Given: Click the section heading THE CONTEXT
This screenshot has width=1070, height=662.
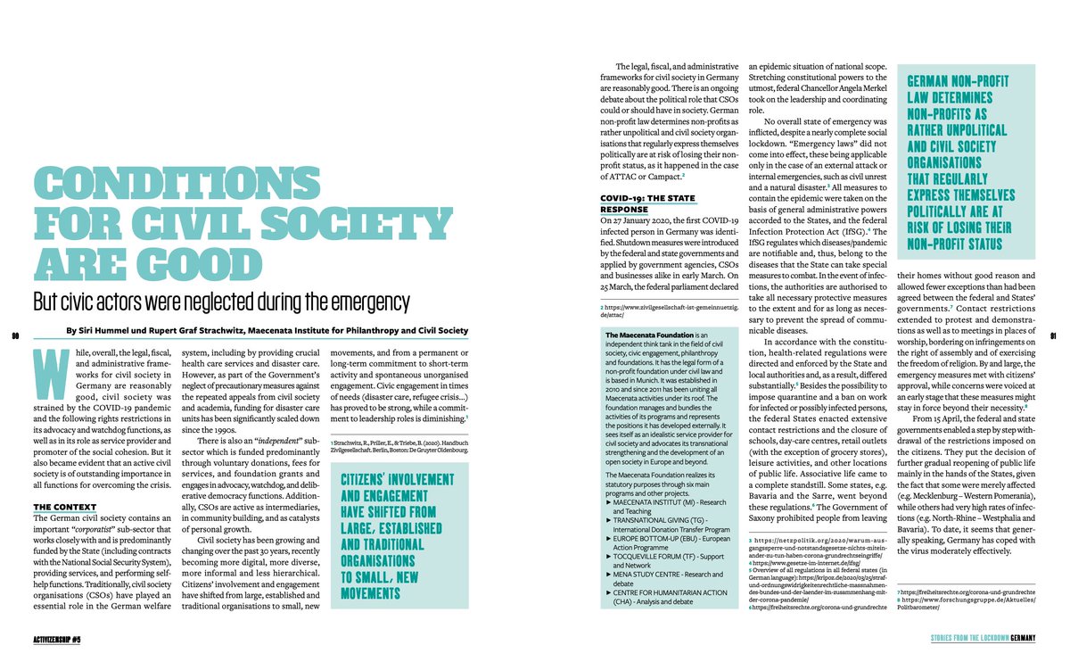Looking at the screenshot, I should pos(64,508).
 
